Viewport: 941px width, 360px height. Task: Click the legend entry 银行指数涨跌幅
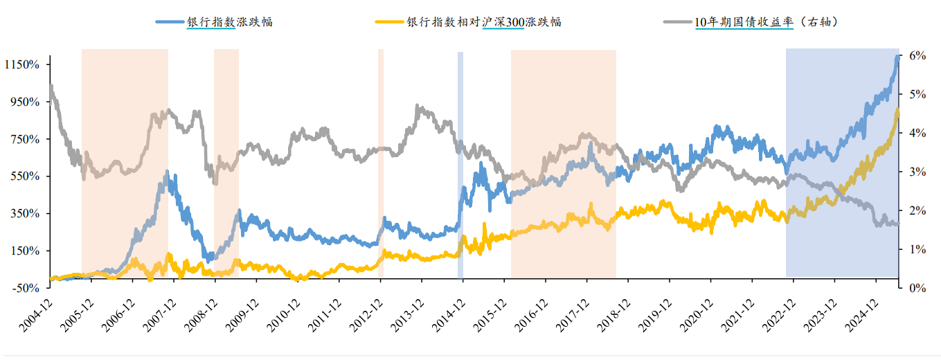click(x=229, y=21)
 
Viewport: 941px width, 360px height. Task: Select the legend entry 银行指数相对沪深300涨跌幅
click(x=483, y=21)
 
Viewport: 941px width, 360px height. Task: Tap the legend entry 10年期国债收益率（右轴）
click(x=767, y=21)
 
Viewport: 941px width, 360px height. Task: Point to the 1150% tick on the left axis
click(x=26, y=64)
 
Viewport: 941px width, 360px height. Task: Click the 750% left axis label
click(x=30, y=138)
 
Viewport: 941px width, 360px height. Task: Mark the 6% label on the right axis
click(x=915, y=55)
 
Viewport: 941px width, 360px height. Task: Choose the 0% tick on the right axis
click(x=915, y=287)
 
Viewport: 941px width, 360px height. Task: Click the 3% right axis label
click(x=915, y=172)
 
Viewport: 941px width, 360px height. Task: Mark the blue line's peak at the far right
click(x=897, y=57)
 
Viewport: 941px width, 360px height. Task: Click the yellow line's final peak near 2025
click(x=897, y=110)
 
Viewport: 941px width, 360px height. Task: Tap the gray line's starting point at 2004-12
click(x=51, y=86)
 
